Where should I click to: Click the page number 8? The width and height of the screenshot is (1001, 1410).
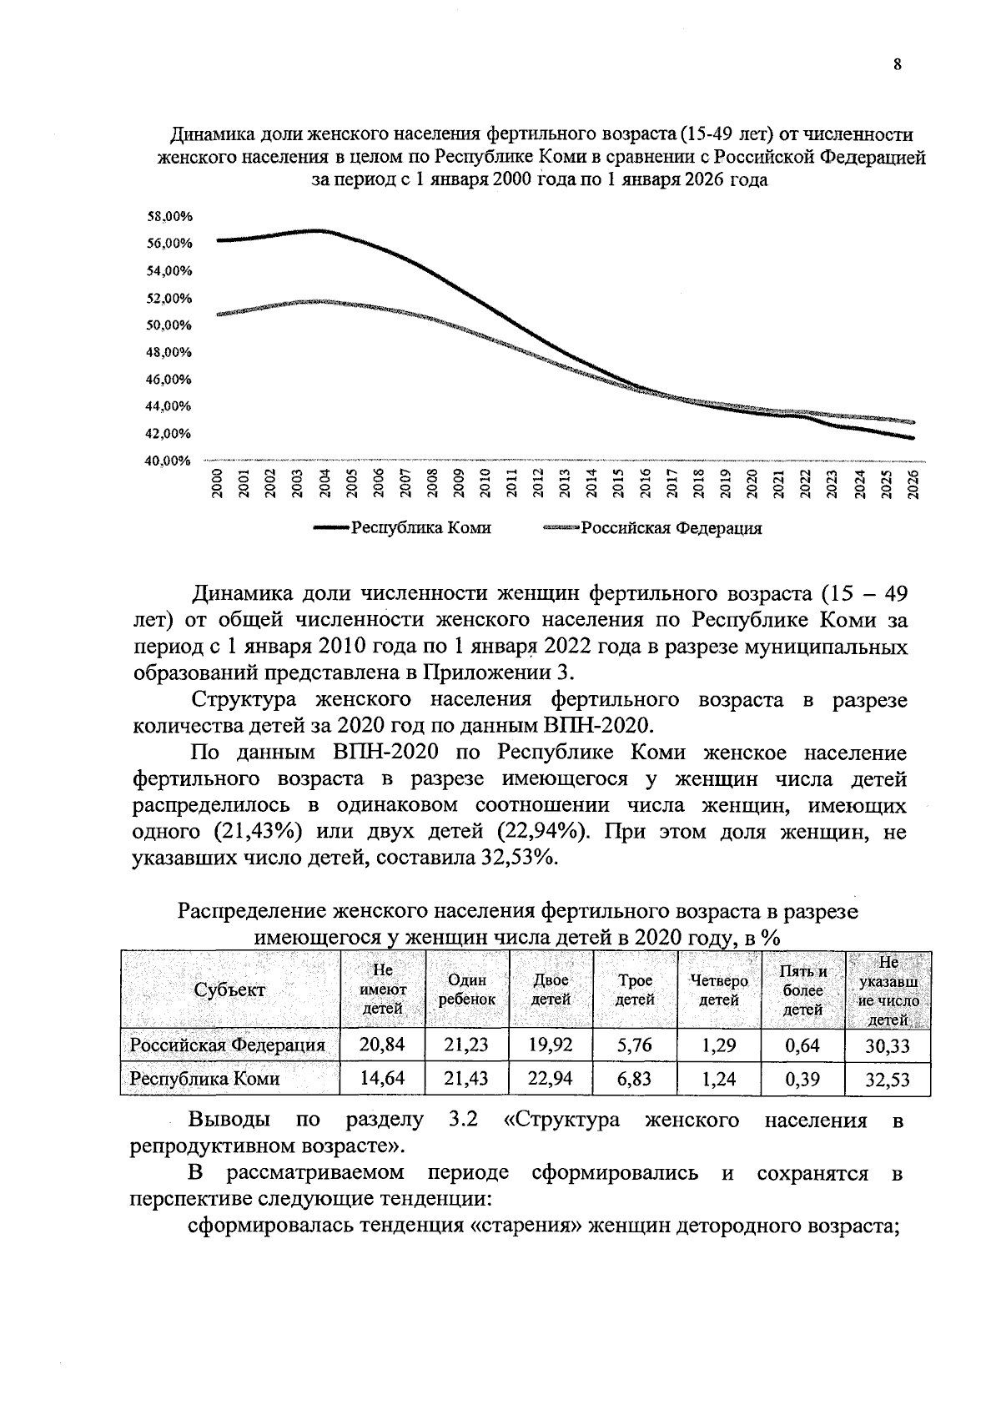click(898, 66)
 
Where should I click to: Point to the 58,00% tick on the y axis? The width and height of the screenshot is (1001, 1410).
click(169, 217)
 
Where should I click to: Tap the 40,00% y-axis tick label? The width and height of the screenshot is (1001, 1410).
click(169, 461)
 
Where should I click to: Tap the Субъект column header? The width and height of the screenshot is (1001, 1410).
click(229, 990)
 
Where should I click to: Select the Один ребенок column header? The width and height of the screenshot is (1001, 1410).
click(466, 990)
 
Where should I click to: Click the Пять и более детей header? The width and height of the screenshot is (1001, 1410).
click(802, 990)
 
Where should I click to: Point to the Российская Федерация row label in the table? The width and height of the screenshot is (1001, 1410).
click(228, 1045)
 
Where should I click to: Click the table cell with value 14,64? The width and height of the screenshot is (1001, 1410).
click(381, 1078)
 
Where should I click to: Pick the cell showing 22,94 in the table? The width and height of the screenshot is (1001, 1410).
click(550, 1078)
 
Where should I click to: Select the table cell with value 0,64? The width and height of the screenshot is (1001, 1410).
click(802, 1045)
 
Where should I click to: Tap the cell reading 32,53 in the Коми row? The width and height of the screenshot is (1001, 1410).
click(887, 1080)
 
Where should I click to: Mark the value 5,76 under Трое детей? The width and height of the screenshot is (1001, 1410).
click(634, 1045)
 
